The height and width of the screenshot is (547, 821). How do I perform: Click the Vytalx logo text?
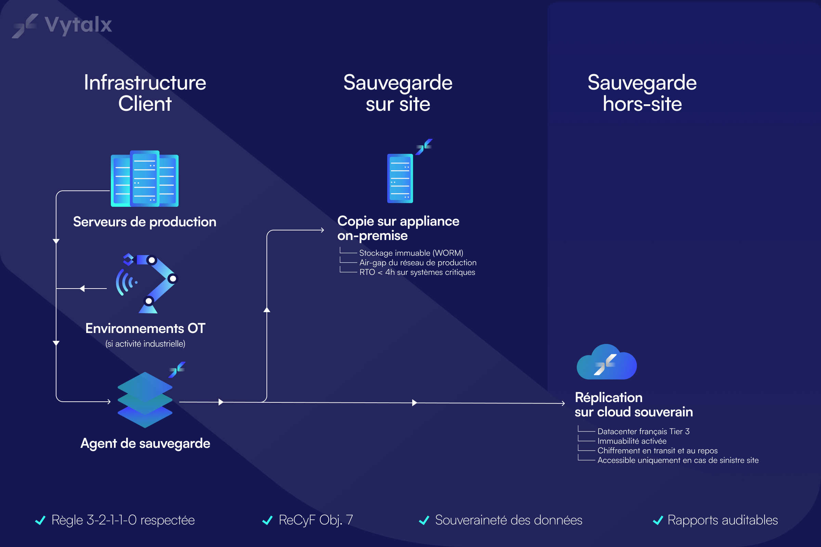(x=78, y=25)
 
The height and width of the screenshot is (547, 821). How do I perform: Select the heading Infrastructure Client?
(x=145, y=93)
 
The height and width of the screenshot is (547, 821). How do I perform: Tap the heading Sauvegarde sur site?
(x=398, y=93)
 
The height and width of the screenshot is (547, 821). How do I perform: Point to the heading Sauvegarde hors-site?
(x=642, y=93)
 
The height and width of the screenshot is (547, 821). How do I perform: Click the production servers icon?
(x=144, y=178)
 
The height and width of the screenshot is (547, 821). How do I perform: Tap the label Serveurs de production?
(x=144, y=222)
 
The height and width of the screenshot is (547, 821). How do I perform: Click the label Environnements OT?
(x=145, y=328)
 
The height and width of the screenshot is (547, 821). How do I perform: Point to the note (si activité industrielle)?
(x=145, y=344)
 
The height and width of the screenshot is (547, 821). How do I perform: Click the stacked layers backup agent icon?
(x=145, y=400)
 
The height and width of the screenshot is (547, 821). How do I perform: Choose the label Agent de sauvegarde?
(x=145, y=443)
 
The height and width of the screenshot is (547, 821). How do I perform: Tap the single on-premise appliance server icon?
(x=400, y=178)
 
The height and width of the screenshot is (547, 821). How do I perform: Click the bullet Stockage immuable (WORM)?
(x=411, y=253)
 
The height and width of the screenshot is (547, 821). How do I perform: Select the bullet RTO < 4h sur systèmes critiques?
(x=417, y=272)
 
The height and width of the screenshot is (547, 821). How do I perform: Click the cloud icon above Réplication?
(x=606, y=363)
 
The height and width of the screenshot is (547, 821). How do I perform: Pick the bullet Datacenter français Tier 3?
(x=643, y=431)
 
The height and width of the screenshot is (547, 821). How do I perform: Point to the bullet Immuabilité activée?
(x=631, y=441)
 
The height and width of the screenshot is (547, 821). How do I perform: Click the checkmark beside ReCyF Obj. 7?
(x=268, y=520)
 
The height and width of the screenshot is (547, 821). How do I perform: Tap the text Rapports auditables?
(x=722, y=520)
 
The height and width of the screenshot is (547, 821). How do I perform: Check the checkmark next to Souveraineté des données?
(x=424, y=520)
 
